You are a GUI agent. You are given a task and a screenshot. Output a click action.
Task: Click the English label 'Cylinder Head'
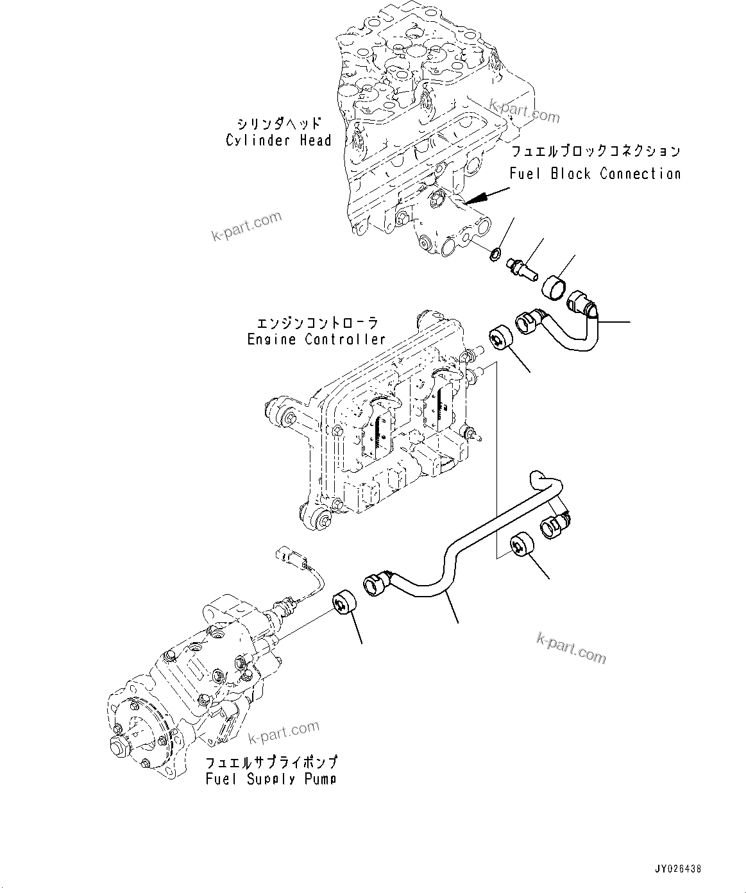(278, 140)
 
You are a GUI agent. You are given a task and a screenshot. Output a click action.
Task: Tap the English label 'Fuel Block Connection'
(595, 174)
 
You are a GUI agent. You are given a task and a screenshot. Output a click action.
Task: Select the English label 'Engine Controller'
(316, 339)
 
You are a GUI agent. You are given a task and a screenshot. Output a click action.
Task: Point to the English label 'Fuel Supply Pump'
(271, 779)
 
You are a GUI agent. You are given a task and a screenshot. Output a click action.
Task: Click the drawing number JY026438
(677, 869)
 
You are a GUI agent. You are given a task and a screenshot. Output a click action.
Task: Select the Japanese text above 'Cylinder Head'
(278, 123)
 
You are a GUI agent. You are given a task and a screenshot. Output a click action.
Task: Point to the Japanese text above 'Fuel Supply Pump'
(271, 762)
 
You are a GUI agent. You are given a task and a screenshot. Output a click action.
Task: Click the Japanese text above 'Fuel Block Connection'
(595, 152)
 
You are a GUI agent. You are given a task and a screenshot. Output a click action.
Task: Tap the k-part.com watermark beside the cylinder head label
(246, 226)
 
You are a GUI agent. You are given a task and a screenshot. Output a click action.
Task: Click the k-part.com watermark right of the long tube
(571, 647)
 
